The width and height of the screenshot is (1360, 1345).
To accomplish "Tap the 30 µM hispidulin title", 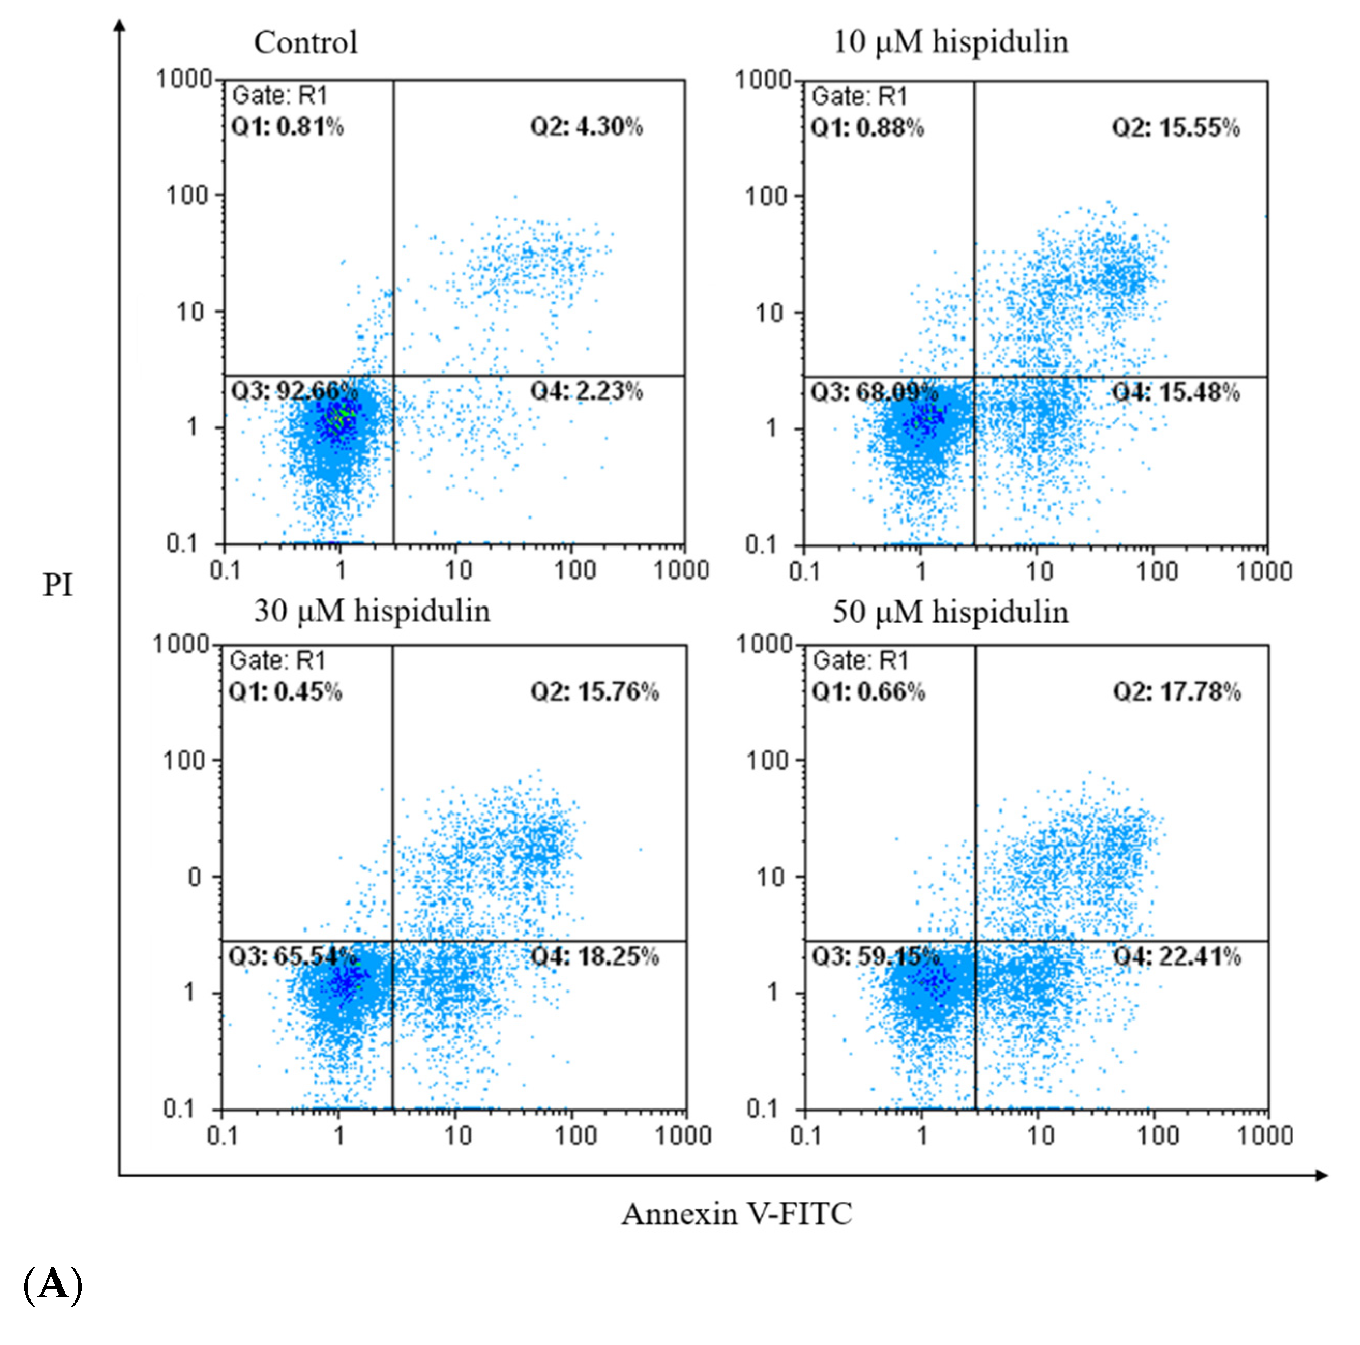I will [372, 610].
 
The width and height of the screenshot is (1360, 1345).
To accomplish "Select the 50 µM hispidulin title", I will [950, 612].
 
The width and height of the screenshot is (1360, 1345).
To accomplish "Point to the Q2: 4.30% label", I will [586, 127].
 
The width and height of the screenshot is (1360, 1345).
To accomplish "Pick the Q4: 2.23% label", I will [586, 391].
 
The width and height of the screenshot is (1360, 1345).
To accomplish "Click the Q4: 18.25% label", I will [594, 956].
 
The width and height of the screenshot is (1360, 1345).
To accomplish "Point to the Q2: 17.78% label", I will [1176, 692].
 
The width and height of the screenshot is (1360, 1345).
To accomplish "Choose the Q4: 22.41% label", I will [1176, 956].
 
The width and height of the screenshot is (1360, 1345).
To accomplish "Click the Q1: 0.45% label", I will [285, 692].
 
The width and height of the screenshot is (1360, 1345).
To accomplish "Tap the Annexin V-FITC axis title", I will [736, 1214].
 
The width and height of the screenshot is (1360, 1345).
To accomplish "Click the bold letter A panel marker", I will [53, 1285].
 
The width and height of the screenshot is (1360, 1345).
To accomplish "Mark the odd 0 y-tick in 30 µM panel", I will [194, 877].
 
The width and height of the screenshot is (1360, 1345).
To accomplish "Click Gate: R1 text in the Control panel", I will [279, 95].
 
